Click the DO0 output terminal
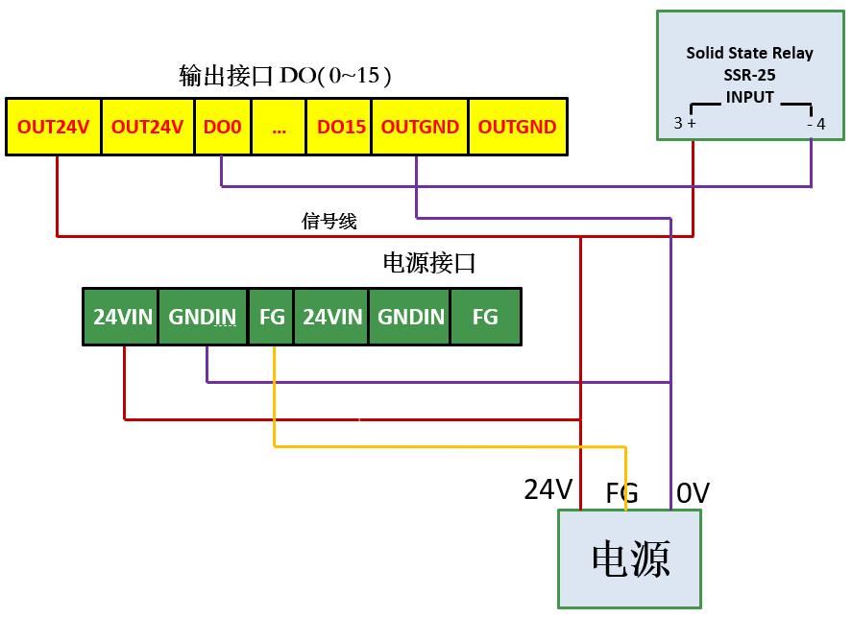[x=223, y=127]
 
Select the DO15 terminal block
[x=341, y=127]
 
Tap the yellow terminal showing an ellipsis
[x=280, y=127]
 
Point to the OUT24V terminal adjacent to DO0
[x=147, y=127]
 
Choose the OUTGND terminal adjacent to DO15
[x=420, y=127]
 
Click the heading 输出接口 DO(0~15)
[x=285, y=76]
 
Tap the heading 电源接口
[x=429, y=262]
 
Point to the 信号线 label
[x=329, y=222]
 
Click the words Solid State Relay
[x=749, y=53]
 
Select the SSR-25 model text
[x=749, y=75]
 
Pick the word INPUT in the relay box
[x=749, y=97]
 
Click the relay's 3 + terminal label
[x=685, y=124]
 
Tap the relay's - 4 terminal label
[x=815, y=124]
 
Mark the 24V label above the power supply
[x=548, y=489]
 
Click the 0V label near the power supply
[x=693, y=493]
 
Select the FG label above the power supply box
[x=622, y=493]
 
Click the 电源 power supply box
[x=629, y=559]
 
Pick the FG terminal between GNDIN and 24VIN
[x=272, y=317]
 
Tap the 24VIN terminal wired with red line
[x=122, y=317]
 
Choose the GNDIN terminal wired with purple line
[x=203, y=317]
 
